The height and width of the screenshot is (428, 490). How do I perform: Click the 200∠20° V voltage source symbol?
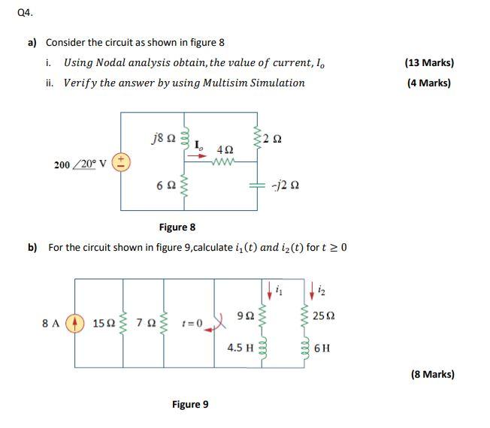click(121, 163)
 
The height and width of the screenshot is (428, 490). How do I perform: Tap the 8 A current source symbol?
click(74, 324)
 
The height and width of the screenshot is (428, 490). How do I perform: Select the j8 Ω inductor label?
click(163, 138)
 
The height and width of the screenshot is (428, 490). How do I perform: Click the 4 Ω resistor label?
click(225, 150)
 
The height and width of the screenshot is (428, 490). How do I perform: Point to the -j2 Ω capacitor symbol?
click(257, 185)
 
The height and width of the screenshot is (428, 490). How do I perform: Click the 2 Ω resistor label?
click(272, 139)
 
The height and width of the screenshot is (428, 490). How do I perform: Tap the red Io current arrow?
click(197, 155)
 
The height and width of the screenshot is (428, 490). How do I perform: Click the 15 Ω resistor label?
click(104, 323)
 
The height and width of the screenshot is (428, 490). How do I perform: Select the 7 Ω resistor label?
click(146, 322)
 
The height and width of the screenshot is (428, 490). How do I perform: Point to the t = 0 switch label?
click(192, 323)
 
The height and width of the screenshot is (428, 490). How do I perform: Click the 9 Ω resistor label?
click(246, 316)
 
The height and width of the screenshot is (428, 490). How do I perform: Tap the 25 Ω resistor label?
click(324, 316)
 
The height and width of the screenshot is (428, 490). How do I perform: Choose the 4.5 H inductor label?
click(240, 348)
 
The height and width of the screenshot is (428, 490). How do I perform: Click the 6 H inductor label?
click(322, 348)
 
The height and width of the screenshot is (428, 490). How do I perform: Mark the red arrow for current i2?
click(312, 291)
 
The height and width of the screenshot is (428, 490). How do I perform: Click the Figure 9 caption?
click(190, 404)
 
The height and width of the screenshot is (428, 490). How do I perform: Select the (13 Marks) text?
click(429, 63)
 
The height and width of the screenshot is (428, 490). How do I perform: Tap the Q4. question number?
click(25, 13)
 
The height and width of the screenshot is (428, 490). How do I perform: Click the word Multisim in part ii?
click(225, 83)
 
